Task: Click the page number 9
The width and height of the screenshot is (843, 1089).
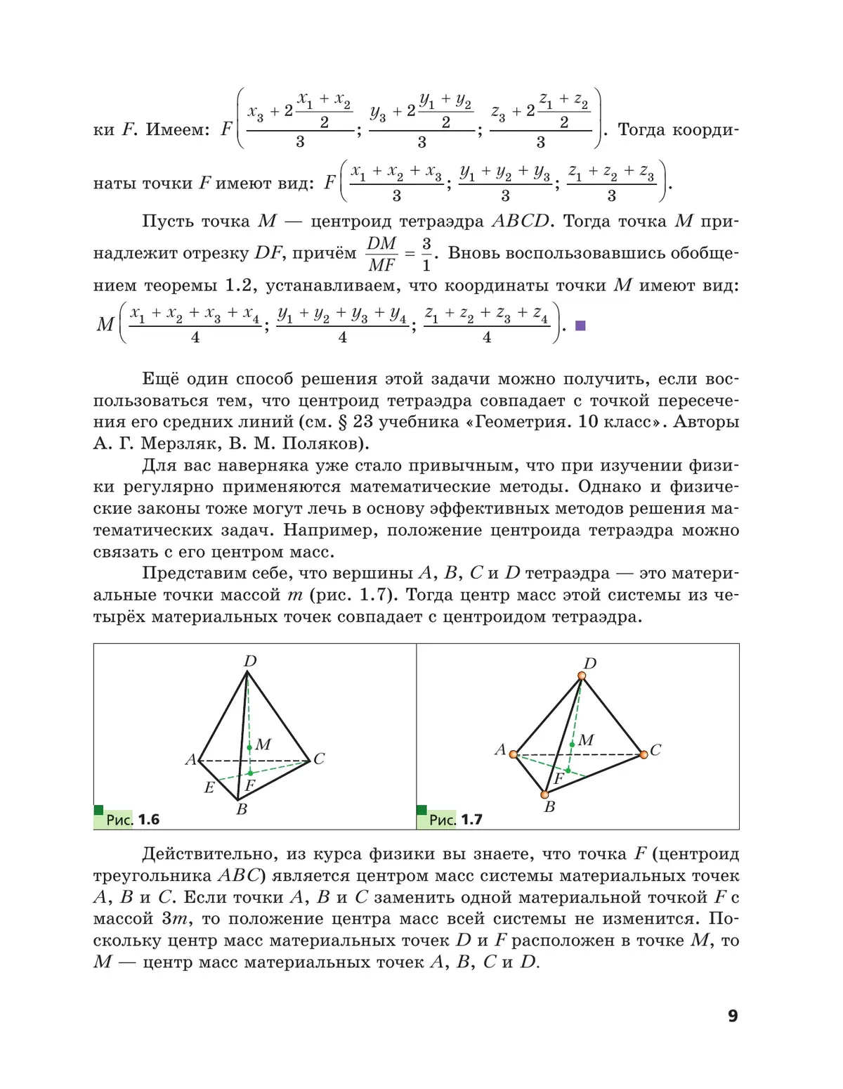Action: tap(733, 1016)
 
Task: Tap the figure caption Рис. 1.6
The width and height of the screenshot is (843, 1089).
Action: tap(133, 820)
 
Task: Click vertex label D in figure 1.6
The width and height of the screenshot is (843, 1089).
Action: tap(250, 661)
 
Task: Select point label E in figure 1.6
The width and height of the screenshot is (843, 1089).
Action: tap(209, 787)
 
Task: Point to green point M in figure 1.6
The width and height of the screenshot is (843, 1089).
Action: tap(249, 748)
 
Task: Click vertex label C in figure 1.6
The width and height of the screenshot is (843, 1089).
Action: tap(319, 759)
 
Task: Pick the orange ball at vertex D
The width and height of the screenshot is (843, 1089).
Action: tap(582, 676)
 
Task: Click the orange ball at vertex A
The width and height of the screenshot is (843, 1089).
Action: tap(514, 754)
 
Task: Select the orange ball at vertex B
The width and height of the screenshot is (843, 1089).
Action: tap(544, 794)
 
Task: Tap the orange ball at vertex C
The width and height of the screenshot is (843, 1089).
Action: tap(643, 754)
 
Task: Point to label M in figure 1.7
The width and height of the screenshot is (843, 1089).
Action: tap(587, 740)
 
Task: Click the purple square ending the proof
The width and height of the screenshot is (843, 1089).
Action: tap(580, 326)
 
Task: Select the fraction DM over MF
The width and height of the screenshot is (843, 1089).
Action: tap(382, 254)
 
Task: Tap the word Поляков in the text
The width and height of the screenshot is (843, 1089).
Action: tap(324, 444)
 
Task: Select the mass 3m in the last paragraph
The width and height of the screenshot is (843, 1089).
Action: tap(178, 919)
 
